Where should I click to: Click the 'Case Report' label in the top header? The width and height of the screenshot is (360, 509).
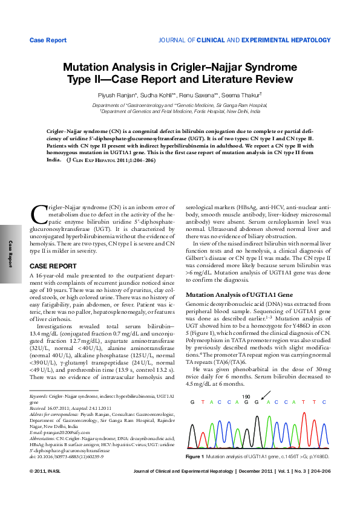click(x=48, y=40)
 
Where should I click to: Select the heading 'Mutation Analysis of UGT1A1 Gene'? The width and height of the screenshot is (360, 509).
click(x=231, y=294)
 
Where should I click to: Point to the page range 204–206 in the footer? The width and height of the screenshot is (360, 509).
click(x=318, y=487)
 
